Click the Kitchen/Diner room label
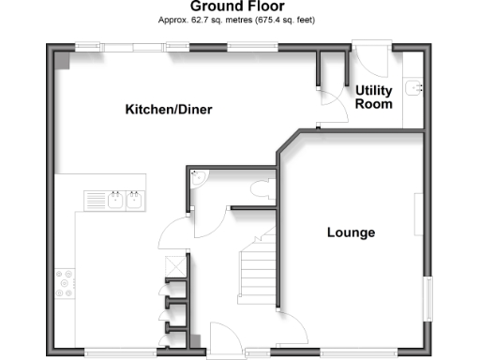pos(169,110)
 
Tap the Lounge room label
pos(351,232)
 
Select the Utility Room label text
pos(373,97)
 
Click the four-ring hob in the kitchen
pos(67,283)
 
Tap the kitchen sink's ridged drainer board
pos(97,200)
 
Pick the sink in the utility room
pos(413,88)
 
